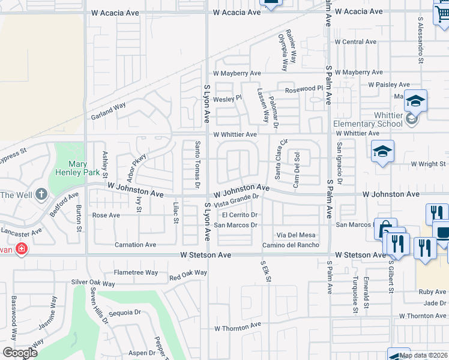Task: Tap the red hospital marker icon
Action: pyautogui.click(x=22, y=248)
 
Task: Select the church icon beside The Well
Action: pyautogui.click(x=41, y=194)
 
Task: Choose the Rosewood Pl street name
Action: pyautogui.click(x=304, y=89)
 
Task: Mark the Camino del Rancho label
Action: pyautogui.click(x=291, y=245)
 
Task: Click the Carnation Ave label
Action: pyautogui.click(x=136, y=245)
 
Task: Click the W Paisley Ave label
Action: pyautogui.click(x=389, y=85)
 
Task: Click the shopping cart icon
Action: pyautogui.click(x=442, y=13)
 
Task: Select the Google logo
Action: pyautogui.click(x=20, y=353)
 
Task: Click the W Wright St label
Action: pyautogui.click(x=428, y=164)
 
